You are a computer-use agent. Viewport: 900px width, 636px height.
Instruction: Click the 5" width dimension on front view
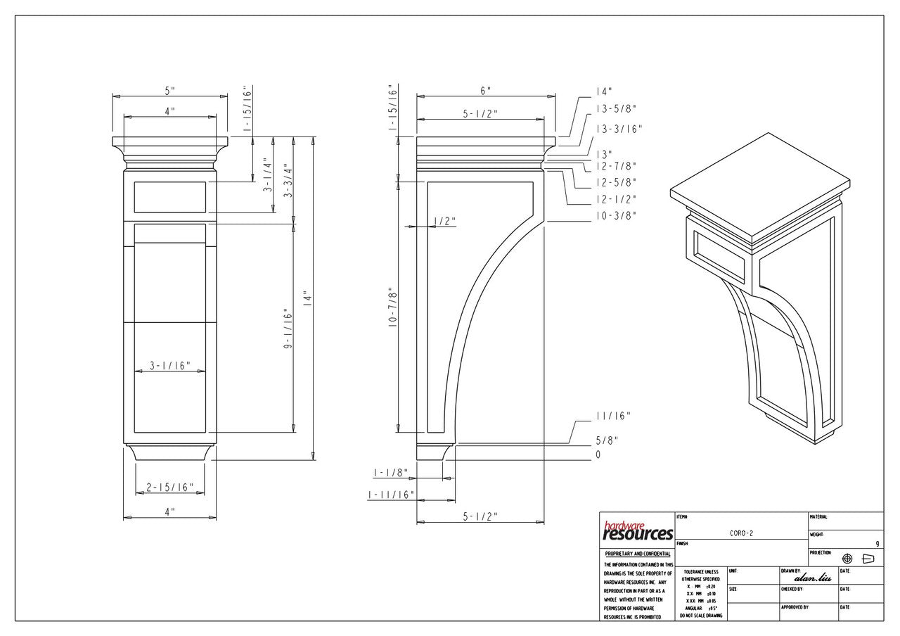(169, 91)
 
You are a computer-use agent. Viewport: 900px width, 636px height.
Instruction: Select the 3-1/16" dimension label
(169, 366)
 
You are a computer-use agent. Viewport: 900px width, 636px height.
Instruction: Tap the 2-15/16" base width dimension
(169, 488)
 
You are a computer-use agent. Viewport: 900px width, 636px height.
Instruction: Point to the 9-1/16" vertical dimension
(287, 329)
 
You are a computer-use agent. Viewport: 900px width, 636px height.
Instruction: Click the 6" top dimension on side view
(485, 91)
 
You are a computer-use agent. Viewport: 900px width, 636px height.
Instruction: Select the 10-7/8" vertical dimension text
(392, 310)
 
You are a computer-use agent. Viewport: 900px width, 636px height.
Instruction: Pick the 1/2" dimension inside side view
(444, 222)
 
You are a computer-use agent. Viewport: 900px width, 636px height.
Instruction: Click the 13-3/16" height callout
(619, 129)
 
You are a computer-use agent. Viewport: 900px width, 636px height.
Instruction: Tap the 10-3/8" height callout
(616, 216)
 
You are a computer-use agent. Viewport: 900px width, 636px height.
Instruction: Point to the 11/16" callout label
(613, 416)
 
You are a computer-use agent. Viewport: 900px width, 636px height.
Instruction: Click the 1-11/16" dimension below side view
(391, 495)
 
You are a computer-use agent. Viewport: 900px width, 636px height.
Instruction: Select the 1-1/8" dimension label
(391, 472)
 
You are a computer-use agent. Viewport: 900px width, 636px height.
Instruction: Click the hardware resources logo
(637, 531)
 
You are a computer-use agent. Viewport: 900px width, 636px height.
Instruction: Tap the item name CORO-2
(741, 533)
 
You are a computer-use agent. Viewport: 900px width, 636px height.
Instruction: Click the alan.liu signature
(812, 578)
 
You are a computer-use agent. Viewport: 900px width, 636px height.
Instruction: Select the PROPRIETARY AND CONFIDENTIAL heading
(637, 554)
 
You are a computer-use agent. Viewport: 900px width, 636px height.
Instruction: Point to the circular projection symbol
(847, 559)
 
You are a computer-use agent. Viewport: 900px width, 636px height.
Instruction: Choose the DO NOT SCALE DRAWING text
(699, 616)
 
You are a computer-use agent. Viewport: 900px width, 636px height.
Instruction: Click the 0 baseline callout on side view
(598, 455)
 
